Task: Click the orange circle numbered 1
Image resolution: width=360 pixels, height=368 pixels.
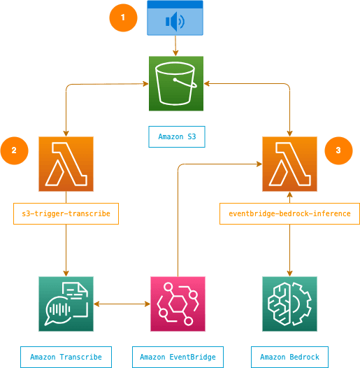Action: click(x=123, y=17)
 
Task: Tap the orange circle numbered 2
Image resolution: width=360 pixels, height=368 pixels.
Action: click(x=14, y=150)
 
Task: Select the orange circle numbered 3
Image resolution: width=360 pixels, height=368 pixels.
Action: click(x=338, y=150)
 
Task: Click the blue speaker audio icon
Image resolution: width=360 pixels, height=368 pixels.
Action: click(x=175, y=18)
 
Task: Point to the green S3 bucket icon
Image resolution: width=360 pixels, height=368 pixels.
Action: click(x=176, y=83)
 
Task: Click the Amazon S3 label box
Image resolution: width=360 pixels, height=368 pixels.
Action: click(x=177, y=137)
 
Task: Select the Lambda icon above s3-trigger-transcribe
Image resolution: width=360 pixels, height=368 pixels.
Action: click(x=66, y=164)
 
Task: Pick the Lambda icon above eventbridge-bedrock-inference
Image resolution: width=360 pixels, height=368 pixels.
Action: click(x=289, y=164)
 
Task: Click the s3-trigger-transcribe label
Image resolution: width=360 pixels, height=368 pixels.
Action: click(x=66, y=214)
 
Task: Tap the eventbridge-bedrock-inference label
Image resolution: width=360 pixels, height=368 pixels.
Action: click(x=289, y=214)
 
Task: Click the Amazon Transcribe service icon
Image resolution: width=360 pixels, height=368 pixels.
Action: click(x=66, y=304)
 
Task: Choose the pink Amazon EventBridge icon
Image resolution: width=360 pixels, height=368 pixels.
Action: click(x=178, y=304)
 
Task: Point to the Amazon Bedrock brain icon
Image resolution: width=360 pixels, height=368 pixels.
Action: click(x=289, y=304)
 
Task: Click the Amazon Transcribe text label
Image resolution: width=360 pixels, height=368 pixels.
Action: click(x=66, y=357)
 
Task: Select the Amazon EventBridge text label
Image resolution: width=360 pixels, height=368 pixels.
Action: click(x=178, y=357)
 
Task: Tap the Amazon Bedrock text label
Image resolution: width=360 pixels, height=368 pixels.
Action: click(x=289, y=357)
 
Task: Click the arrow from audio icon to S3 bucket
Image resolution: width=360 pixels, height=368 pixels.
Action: click(x=175, y=45)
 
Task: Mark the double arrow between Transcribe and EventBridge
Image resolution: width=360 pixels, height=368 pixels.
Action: click(x=122, y=304)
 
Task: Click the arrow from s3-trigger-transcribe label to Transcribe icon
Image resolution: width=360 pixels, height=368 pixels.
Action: click(x=66, y=250)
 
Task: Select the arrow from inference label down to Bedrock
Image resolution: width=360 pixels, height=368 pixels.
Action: click(x=289, y=250)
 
